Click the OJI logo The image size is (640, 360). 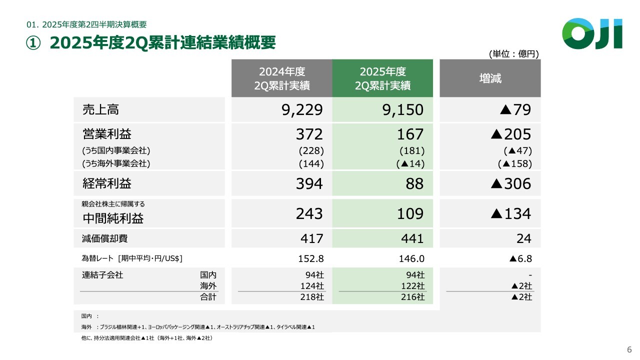(x=592, y=33)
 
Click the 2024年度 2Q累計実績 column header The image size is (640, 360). (x=281, y=78)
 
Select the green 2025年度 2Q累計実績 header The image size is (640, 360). (x=382, y=78)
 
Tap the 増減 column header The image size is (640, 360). (x=490, y=78)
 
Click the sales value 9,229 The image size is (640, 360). (x=302, y=110)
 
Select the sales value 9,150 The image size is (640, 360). (x=402, y=110)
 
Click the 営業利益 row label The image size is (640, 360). (x=107, y=134)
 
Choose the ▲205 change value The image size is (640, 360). (x=510, y=134)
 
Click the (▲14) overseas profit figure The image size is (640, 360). (x=410, y=163)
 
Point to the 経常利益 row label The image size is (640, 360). (x=107, y=184)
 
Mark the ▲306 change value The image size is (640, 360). (x=510, y=184)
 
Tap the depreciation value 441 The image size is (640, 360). (x=412, y=239)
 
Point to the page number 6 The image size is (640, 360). (x=629, y=349)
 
